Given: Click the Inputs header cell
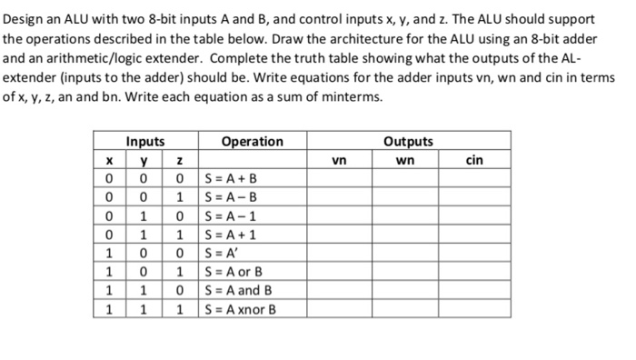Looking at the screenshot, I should coord(145,142).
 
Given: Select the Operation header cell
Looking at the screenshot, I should coord(252,142).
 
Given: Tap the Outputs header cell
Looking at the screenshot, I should coord(408,142).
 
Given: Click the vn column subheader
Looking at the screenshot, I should coord(339,160).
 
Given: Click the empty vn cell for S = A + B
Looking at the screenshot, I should coord(339,177).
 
